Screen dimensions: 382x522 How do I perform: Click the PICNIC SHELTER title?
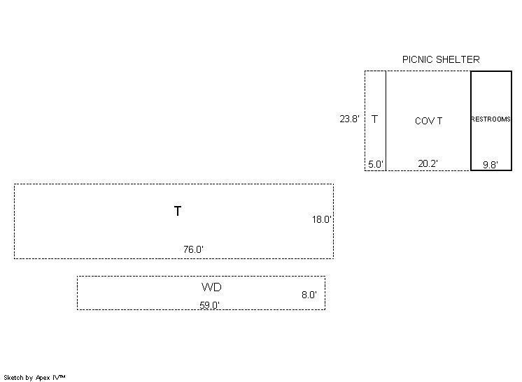tap(441, 59)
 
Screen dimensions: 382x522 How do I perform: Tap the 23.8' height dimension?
tap(350, 119)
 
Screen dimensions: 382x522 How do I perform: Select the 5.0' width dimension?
tap(376, 165)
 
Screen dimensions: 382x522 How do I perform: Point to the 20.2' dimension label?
tap(428, 164)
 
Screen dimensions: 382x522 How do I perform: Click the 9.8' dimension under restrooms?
tap(491, 165)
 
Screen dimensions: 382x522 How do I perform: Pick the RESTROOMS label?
tap(491, 119)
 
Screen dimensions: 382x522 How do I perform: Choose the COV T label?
tap(428, 121)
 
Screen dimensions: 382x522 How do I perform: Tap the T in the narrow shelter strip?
tap(375, 119)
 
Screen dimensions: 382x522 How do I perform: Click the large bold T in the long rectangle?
tap(178, 211)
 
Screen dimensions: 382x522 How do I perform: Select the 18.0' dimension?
tap(322, 219)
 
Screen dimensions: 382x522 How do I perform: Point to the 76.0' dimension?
tap(194, 249)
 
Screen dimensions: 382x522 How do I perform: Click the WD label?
tap(211, 287)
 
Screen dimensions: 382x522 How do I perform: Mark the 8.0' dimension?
tap(309, 295)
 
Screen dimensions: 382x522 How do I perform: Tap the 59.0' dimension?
tap(210, 304)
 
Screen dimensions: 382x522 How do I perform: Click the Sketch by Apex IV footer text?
tap(34, 377)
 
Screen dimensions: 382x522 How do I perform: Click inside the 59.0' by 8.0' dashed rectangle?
tap(140, 293)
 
